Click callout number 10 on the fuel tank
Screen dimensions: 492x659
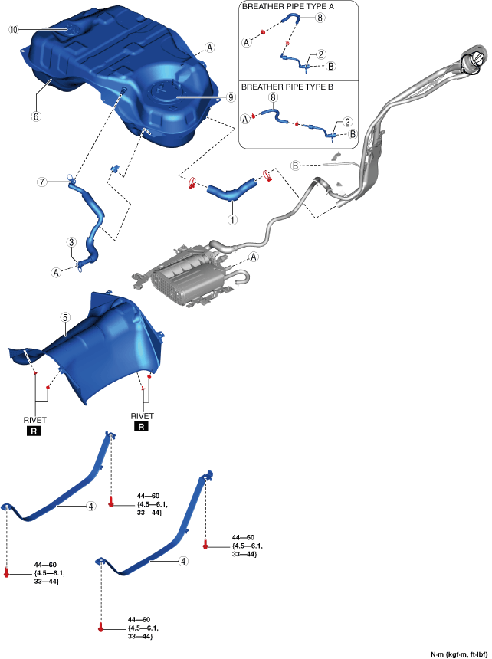[13, 29]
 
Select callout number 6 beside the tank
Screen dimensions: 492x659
[35, 116]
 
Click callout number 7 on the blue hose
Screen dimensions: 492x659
[43, 182]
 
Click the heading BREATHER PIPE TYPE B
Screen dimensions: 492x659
[287, 87]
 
